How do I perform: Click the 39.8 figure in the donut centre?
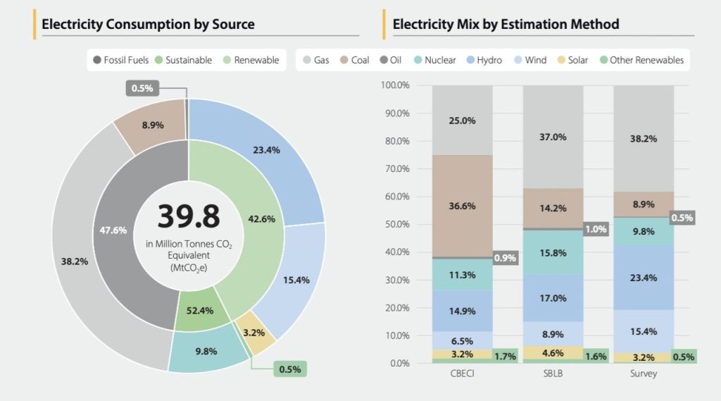188,216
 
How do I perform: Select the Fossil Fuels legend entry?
120,60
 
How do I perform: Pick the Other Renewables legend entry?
640,60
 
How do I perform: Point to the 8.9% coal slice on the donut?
153,125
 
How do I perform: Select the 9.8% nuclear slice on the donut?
206,351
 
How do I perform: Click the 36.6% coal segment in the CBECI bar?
462,206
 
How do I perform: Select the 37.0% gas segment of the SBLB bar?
553,137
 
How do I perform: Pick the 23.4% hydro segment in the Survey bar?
644,278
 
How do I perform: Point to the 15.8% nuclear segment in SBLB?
553,252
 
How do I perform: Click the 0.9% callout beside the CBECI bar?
505,258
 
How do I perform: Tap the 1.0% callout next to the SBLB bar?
596,229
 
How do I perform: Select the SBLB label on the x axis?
553,374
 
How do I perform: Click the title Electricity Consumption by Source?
148,24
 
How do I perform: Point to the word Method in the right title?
595,24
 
